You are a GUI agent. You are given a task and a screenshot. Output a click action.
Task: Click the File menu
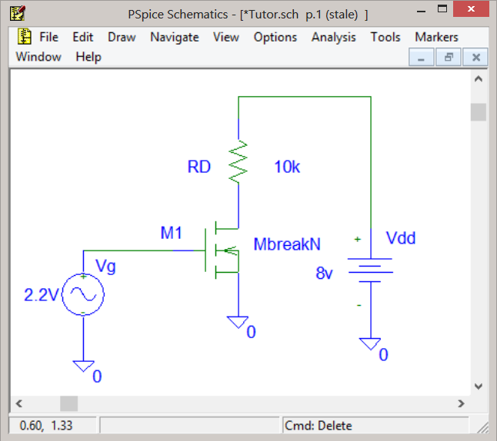(48, 37)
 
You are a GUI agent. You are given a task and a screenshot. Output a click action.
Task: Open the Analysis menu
(333, 38)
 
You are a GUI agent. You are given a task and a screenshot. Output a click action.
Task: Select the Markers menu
(436, 37)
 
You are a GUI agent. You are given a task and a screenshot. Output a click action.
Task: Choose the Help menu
(88, 57)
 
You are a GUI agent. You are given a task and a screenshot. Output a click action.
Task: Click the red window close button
(471, 9)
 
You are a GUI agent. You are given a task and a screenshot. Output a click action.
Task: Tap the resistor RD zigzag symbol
(238, 162)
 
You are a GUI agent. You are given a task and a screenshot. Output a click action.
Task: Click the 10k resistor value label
(287, 167)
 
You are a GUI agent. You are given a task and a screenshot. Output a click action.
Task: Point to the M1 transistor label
(171, 233)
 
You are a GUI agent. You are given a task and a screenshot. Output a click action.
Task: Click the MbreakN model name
(287, 244)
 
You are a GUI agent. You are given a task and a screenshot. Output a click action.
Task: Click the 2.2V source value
(42, 295)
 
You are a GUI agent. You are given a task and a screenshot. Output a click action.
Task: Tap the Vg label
(105, 267)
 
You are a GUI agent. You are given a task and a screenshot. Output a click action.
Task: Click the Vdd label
(401, 237)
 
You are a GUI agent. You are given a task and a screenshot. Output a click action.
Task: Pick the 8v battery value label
(324, 273)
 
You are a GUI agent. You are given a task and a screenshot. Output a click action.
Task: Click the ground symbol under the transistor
(238, 322)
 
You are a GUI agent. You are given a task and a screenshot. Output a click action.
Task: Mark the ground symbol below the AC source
(83, 366)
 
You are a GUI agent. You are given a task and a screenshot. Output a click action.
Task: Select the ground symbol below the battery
(370, 343)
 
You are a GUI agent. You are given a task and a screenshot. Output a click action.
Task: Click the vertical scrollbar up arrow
(479, 79)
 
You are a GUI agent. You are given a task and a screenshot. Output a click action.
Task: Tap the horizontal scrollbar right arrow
(461, 403)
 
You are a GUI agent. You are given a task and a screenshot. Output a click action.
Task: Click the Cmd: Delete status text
(319, 426)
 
